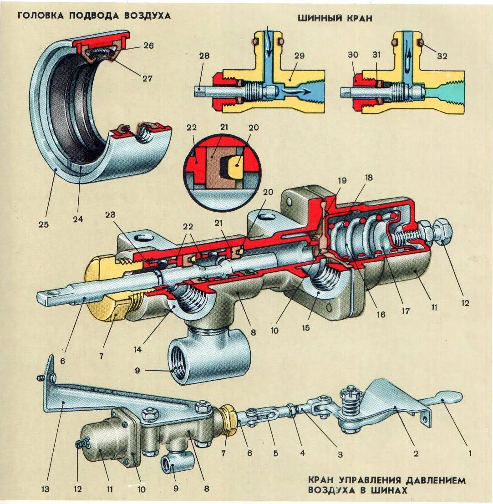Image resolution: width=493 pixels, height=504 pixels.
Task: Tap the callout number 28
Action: click(x=204, y=56)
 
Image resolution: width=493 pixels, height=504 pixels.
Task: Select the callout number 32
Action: click(x=442, y=56)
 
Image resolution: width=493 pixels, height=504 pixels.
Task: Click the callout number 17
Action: click(x=405, y=312)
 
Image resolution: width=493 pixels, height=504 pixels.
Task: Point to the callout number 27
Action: click(x=147, y=78)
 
